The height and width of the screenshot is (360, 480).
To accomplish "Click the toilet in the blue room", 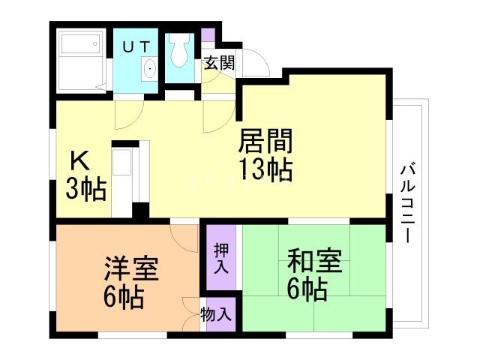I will click(179, 52).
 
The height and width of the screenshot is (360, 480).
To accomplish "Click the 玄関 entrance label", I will click(219, 62).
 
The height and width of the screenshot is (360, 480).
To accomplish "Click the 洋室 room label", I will click(130, 268).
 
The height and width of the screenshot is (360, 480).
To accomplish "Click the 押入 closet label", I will click(221, 257).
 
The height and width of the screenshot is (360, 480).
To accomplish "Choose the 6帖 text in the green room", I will click(307, 289).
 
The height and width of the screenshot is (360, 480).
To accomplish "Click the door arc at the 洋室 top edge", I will click(182, 238).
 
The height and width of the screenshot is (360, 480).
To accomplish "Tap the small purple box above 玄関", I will click(208, 34).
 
